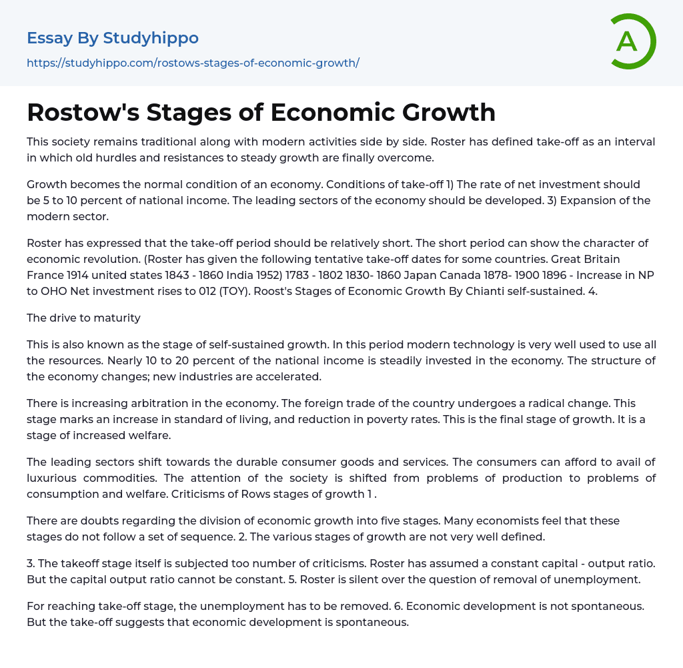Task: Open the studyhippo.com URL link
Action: [193, 63]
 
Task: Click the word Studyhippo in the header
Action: [151, 38]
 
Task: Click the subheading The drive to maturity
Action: [83, 318]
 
